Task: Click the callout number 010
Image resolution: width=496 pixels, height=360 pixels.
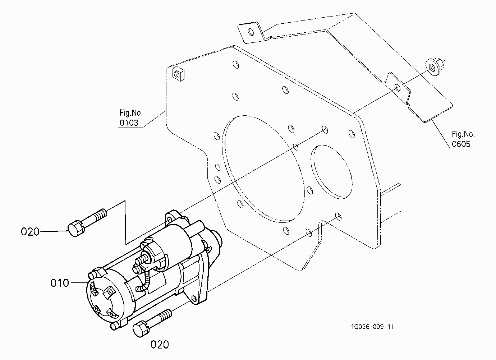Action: click(60, 283)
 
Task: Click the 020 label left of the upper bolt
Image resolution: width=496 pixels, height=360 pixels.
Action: click(30, 232)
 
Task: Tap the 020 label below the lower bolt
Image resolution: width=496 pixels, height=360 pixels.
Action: click(160, 345)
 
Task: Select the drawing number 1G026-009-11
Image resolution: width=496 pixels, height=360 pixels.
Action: click(372, 327)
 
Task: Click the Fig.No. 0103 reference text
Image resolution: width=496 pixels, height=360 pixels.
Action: click(131, 118)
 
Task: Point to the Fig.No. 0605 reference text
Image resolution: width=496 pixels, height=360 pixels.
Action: click(463, 139)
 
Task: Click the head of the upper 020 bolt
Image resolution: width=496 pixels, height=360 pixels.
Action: click(75, 228)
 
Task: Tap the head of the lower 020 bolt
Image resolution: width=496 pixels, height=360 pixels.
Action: click(141, 330)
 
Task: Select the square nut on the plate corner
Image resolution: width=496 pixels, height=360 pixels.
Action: click(179, 74)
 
